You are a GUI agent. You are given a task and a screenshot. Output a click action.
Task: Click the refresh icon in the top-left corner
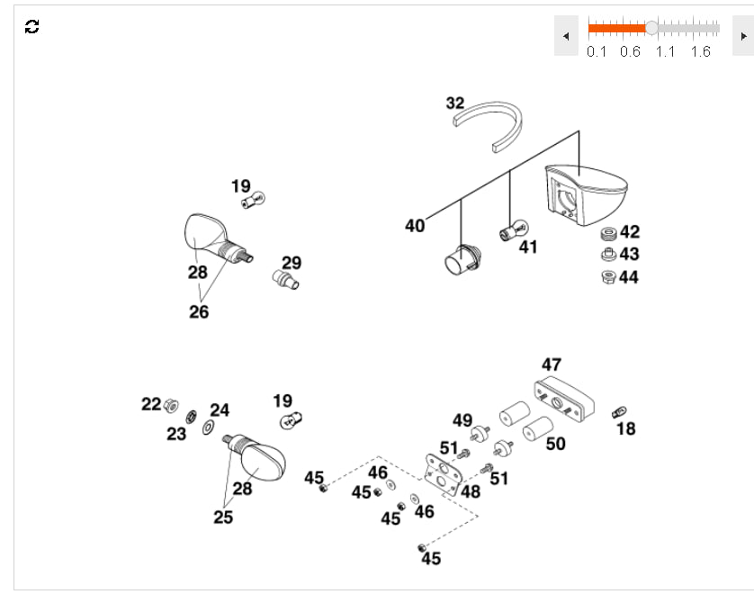pyautogui.click(x=32, y=26)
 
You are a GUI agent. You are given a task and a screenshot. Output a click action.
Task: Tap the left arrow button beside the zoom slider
pyautogui.click(x=566, y=36)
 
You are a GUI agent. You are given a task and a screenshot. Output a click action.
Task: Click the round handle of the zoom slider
pyautogui.click(x=651, y=28)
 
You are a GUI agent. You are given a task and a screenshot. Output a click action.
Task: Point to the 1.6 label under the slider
pyautogui.click(x=700, y=51)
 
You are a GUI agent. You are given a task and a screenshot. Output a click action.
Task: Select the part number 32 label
pyautogui.click(x=455, y=103)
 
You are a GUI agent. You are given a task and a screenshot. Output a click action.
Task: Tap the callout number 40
pyautogui.click(x=415, y=226)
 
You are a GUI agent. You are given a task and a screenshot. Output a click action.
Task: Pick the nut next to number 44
pyautogui.click(x=607, y=276)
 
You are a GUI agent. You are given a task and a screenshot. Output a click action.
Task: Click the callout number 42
pyautogui.click(x=630, y=232)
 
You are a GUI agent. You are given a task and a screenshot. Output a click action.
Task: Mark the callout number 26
pyautogui.click(x=199, y=311)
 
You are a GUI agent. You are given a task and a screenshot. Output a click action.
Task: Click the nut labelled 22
pyautogui.click(x=174, y=405)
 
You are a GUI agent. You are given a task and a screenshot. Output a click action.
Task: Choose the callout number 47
pyautogui.click(x=552, y=364)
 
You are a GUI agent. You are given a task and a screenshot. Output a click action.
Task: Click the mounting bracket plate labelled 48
pyautogui.click(x=441, y=472)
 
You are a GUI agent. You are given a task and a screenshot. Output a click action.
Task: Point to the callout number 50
pyautogui.click(x=556, y=443)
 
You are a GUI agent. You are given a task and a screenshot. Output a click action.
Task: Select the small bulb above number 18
pyautogui.click(x=618, y=411)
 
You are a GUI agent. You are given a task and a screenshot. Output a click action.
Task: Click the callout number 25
pyautogui.click(x=223, y=517)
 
